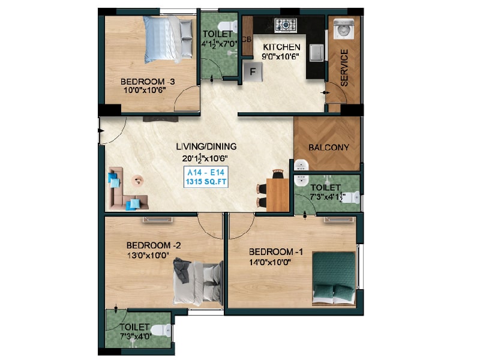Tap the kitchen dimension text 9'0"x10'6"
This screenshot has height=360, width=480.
coord(280,57)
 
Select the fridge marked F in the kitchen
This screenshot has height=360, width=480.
coord(253,71)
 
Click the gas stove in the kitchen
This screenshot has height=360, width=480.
coord(286,25)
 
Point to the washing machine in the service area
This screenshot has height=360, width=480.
coord(344,29)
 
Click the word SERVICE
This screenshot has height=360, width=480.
coord(344,68)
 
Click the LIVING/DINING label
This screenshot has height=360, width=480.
coord(206,146)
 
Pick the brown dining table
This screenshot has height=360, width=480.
coord(278,195)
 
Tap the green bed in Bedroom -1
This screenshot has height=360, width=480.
coord(334,279)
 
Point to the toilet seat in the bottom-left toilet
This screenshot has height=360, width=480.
coord(160,330)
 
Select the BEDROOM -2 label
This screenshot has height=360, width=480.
coord(153,245)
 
